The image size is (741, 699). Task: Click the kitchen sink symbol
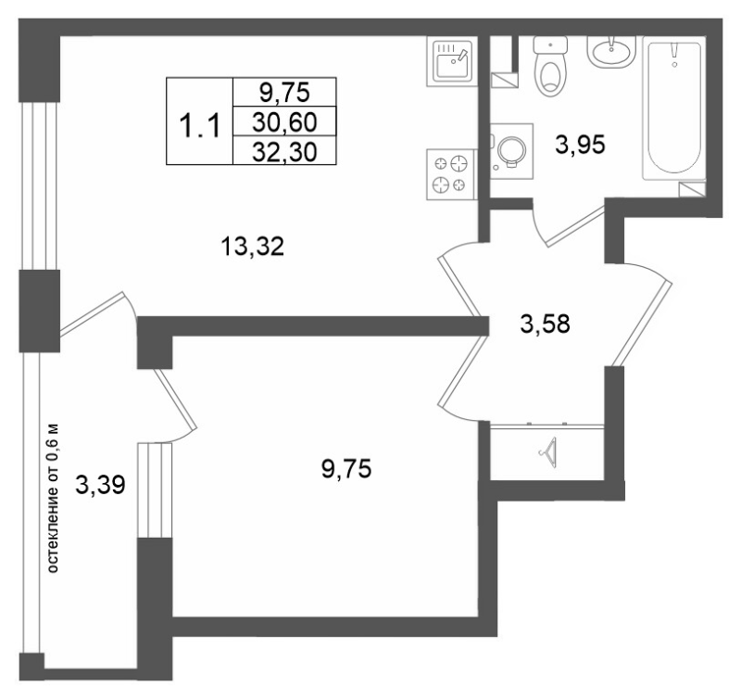pyautogui.click(x=450, y=61)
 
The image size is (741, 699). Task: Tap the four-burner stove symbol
pyautogui.click(x=450, y=174)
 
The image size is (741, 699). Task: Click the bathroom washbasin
pyautogui.click(x=612, y=52)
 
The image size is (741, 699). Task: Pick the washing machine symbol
pyautogui.click(x=511, y=151)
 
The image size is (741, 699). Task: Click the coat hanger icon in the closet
pyautogui.click(x=547, y=452)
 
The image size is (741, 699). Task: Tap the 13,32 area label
pyautogui.click(x=252, y=247)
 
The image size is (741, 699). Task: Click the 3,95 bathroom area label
pyautogui.click(x=580, y=145)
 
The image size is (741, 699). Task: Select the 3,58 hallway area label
pyautogui.click(x=545, y=324)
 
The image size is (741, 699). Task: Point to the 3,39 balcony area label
pyautogui.click(x=100, y=485)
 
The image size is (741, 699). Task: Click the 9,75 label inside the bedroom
pyautogui.click(x=346, y=469)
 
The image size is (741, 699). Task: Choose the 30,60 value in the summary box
pyautogui.click(x=284, y=122)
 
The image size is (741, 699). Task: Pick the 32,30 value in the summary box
pyautogui.click(x=284, y=152)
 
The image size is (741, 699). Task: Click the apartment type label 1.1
pyautogui.click(x=200, y=127)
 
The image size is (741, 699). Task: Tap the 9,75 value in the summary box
pyautogui.click(x=284, y=92)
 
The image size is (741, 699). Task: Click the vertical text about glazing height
pyautogui.click(x=53, y=498)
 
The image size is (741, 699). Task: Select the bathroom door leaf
pyautogui.click(x=575, y=226)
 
